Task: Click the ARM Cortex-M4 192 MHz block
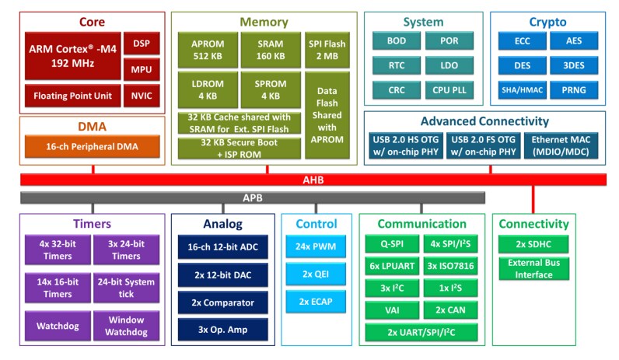(x=72, y=56)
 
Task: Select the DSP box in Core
(x=142, y=44)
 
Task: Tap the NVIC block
(x=142, y=96)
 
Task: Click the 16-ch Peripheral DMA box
(x=92, y=145)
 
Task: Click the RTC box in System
(x=397, y=65)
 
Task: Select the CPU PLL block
(x=449, y=91)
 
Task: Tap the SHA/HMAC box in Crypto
(x=519, y=91)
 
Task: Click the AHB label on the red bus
(x=313, y=180)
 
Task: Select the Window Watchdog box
(x=127, y=325)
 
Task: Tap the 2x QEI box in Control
(x=316, y=275)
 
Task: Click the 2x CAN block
(x=450, y=309)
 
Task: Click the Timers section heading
(x=92, y=224)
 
